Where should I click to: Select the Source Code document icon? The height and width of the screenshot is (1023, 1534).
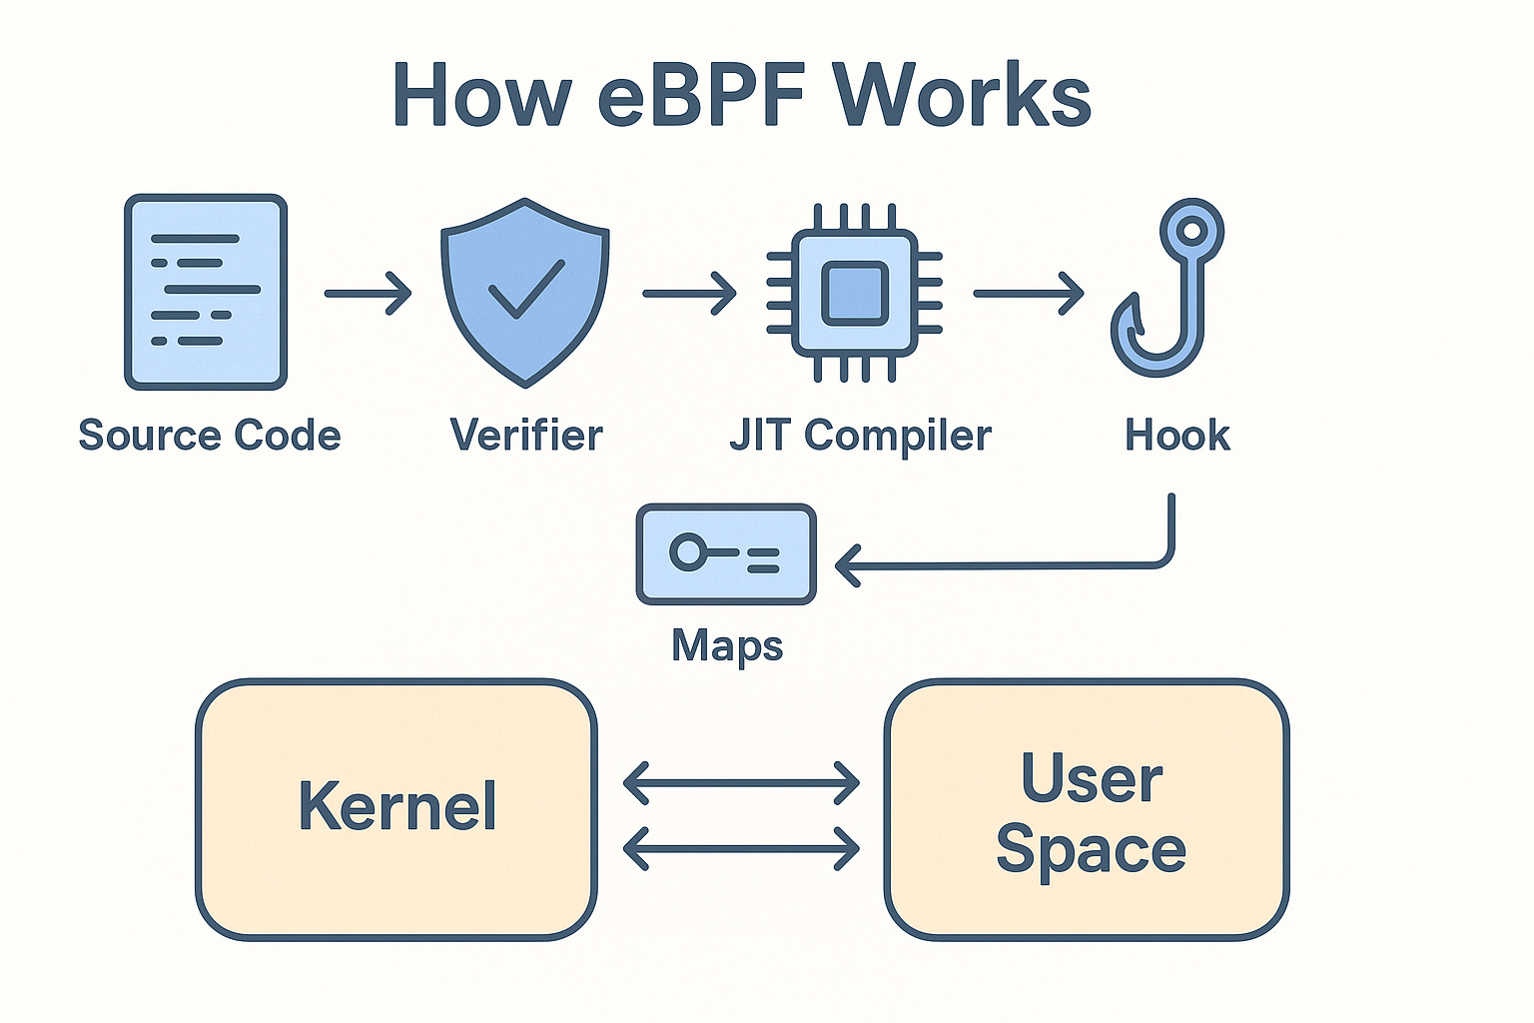point(206,292)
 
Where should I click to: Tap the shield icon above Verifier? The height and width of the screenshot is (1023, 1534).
point(525,292)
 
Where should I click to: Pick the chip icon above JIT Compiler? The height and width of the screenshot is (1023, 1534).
point(854,293)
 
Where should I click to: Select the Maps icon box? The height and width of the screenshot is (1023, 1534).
point(726,553)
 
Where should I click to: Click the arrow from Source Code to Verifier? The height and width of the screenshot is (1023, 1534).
point(368,294)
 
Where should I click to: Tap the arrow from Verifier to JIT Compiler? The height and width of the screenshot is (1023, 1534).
point(689,294)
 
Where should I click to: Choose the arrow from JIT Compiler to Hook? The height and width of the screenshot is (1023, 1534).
point(1028,294)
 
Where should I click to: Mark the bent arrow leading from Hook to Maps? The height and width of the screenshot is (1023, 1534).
point(1009,566)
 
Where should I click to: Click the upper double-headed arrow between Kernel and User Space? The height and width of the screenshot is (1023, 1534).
point(741,782)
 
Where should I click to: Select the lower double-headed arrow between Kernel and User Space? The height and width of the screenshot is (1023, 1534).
point(741,849)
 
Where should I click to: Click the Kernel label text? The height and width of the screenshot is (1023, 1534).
point(397,807)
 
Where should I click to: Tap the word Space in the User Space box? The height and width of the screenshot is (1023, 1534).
point(1091,851)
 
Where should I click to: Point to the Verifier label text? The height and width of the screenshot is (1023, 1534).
point(526,436)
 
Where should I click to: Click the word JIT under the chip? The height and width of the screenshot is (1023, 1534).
point(760,436)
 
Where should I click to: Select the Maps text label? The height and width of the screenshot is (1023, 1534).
point(727,645)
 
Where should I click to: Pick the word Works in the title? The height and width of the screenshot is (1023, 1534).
point(963,96)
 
